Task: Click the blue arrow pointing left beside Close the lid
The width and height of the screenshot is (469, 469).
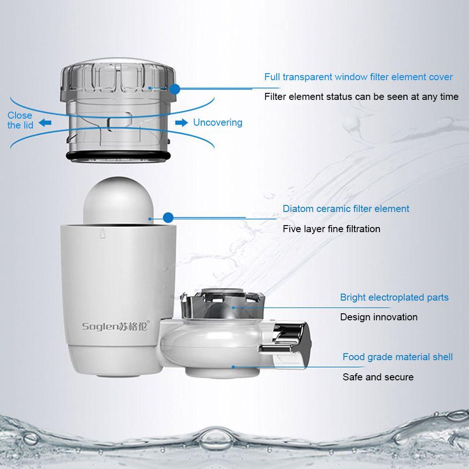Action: (x=45, y=122)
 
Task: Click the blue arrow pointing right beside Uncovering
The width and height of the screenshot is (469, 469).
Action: (x=181, y=122)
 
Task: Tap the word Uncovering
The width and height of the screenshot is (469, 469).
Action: (x=218, y=122)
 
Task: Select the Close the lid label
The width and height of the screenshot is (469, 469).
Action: (x=20, y=120)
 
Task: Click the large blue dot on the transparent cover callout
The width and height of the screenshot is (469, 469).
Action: (x=174, y=89)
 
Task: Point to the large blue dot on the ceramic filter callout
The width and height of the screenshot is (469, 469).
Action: (x=168, y=218)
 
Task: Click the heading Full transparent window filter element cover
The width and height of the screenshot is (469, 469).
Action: (x=358, y=77)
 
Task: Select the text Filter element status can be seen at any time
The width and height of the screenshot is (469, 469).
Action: (x=361, y=97)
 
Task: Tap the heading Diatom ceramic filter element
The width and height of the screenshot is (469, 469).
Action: (x=346, y=209)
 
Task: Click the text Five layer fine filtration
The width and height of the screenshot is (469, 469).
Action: (x=332, y=229)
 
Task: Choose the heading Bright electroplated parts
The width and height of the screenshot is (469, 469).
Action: (x=394, y=297)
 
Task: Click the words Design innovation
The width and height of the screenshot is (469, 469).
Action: (x=378, y=317)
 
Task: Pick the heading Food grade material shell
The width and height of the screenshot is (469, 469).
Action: (x=398, y=357)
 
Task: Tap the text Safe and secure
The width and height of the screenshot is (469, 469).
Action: (x=378, y=377)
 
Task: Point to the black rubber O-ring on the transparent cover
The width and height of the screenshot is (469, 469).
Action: (x=118, y=156)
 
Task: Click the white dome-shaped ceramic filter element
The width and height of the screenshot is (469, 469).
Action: (x=119, y=200)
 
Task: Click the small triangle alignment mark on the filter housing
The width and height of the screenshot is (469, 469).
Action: (x=103, y=233)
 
